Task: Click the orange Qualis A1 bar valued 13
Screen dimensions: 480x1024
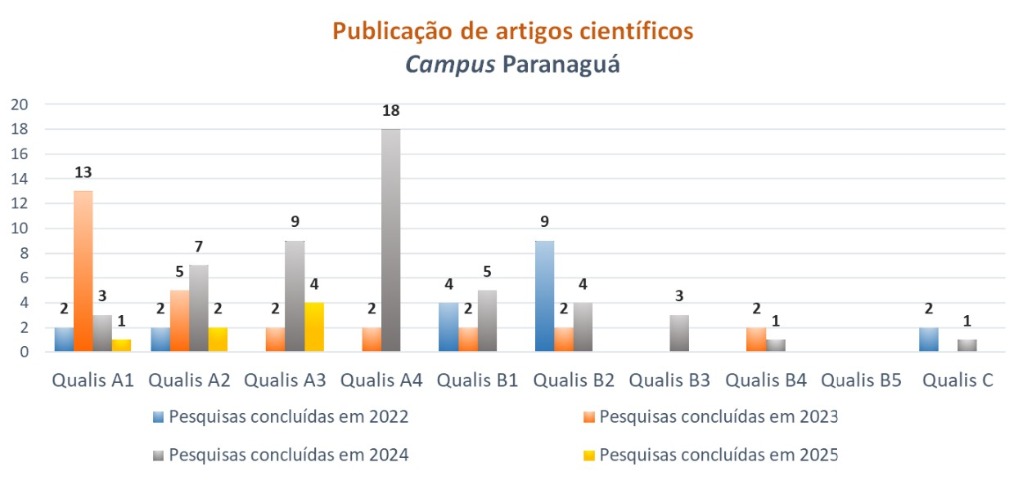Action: pos(83,270)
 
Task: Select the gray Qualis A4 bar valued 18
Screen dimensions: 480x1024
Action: pos(390,240)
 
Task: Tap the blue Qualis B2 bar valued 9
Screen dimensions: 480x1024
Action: pos(544,296)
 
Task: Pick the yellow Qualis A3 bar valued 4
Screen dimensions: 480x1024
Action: pos(313,327)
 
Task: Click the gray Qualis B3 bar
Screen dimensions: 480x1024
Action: pos(678,333)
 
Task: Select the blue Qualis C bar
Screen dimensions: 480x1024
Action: pos(928,339)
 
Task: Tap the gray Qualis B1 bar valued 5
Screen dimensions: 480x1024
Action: pos(486,320)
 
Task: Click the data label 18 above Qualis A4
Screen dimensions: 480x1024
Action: pos(390,110)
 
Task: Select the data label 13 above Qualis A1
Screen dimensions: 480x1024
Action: pos(83,172)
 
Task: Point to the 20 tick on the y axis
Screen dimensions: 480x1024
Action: pos(20,104)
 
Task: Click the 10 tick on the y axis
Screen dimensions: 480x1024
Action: pos(20,228)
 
